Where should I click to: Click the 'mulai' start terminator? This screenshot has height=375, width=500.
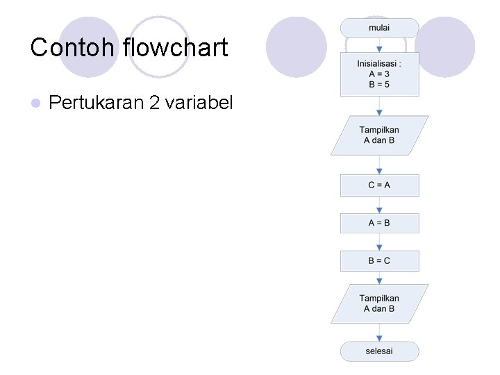(x=379, y=28)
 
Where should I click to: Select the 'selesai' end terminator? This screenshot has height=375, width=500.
(x=379, y=351)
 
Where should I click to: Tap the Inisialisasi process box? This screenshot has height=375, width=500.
(x=379, y=74)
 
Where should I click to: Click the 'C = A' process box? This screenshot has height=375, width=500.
(x=379, y=185)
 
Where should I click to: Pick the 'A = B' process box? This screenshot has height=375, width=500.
(x=379, y=223)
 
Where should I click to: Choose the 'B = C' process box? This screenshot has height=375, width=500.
(x=379, y=260)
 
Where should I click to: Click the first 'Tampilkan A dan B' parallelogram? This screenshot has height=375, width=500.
(x=379, y=135)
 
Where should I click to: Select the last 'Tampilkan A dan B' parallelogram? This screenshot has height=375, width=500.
(x=379, y=303)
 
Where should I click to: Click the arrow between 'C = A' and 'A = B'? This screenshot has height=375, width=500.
(x=379, y=205)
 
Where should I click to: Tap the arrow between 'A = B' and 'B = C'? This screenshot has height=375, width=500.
(x=379, y=242)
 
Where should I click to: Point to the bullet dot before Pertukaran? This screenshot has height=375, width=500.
(x=36, y=103)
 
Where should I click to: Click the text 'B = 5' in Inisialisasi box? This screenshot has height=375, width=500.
(x=379, y=84)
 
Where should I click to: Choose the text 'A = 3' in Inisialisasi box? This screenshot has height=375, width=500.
(x=379, y=74)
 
